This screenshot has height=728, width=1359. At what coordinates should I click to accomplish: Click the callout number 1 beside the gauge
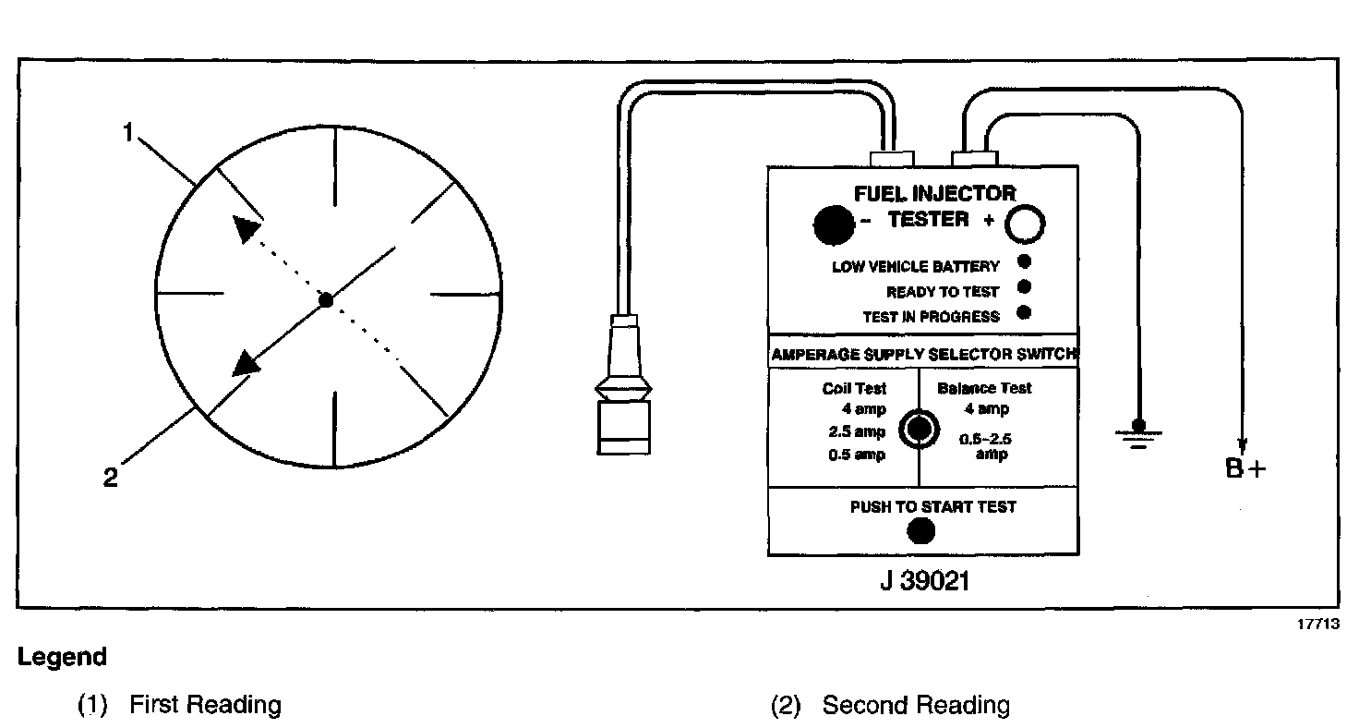(128, 133)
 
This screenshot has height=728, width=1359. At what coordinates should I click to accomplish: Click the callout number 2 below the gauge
(110, 479)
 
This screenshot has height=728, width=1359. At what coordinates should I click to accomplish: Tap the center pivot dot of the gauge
(325, 299)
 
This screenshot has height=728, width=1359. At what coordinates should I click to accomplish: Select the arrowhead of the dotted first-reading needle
(245, 228)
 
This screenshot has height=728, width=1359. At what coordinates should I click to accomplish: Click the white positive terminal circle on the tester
(1024, 224)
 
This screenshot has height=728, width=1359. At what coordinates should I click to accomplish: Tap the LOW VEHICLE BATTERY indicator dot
(1024, 262)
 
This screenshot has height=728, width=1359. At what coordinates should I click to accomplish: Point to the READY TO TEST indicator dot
(1024, 287)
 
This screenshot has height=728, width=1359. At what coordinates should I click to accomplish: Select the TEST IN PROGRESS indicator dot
(1024, 312)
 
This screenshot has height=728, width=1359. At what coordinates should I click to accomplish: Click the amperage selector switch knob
(919, 429)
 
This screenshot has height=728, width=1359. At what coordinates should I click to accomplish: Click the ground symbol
(1137, 431)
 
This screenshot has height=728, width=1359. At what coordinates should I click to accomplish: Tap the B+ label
(1245, 468)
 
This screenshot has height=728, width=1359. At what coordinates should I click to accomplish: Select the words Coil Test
(854, 389)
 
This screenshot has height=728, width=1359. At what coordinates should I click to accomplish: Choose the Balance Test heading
(984, 388)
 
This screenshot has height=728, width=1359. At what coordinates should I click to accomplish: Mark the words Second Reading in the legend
(916, 706)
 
